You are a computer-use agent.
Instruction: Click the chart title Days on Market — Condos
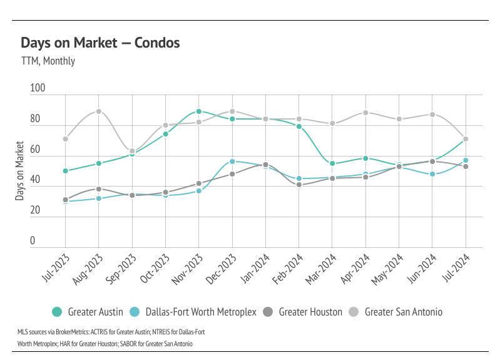click(x=100, y=43)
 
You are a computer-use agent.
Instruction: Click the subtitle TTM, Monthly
click(x=48, y=61)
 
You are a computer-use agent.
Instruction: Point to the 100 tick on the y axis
click(x=38, y=89)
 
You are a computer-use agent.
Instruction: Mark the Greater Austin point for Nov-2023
click(x=198, y=111)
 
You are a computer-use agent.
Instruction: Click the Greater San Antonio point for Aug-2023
click(x=98, y=111)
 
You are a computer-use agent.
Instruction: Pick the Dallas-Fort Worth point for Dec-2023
click(x=232, y=162)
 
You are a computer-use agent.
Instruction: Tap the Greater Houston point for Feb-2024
click(x=298, y=185)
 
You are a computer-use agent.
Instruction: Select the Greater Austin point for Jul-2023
click(x=65, y=171)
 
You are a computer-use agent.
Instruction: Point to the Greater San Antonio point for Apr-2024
click(x=365, y=113)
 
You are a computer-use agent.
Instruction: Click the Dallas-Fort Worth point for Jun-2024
click(x=432, y=174)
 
